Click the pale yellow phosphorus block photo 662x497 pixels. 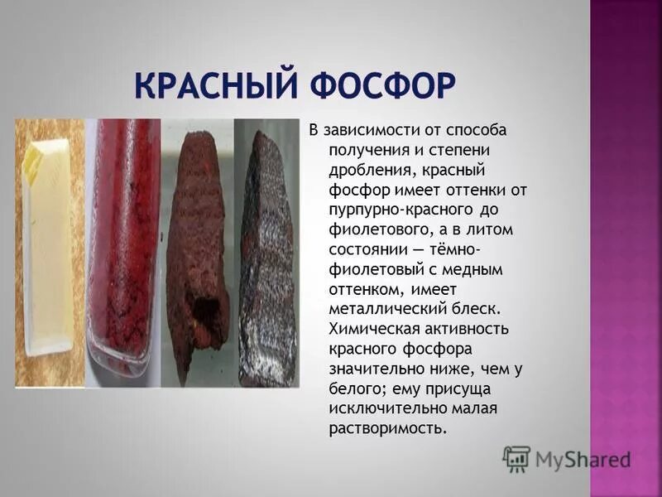pos(50,253)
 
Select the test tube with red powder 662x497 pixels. pos(123,253)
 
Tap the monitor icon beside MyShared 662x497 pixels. pos(516,459)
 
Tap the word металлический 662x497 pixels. pos(377,309)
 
